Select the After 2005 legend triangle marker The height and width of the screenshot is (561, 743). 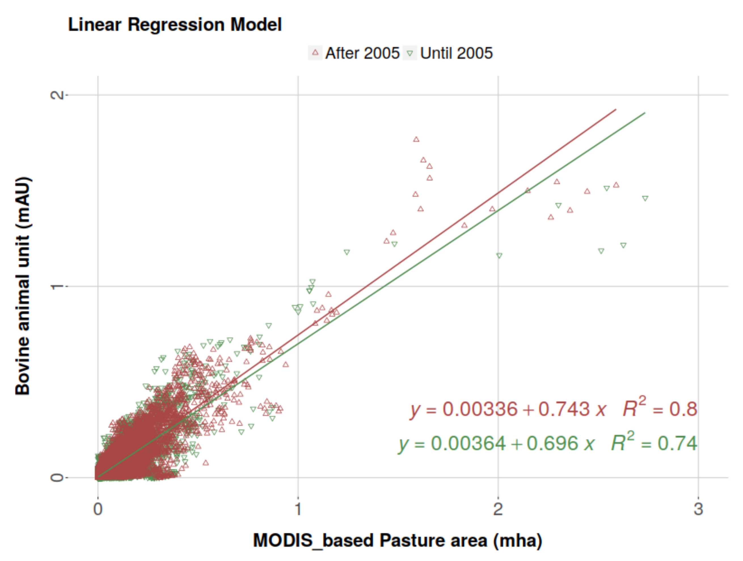pyautogui.click(x=315, y=53)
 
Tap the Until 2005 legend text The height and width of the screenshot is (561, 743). pyautogui.click(x=456, y=53)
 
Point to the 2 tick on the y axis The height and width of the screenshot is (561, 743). pyautogui.click(x=57, y=95)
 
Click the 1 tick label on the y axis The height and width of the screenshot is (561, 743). pyautogui.click(x=57, y=286)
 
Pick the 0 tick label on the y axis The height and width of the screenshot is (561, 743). pyautogui.click(x=57, y=477)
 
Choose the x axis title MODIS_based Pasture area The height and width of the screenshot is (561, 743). pyautogui.click(x=397, y=541)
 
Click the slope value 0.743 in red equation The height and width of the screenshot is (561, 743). pyautogui.click(x=564, y=409)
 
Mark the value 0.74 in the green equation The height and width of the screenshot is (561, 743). pyautogui.click(x=677, y=443)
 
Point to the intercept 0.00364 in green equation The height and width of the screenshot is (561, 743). pyautogui.click(x=468, y=443)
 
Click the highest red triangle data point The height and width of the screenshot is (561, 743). pyautogui.click(x=416, y=139)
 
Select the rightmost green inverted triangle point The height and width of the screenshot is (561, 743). pyautogui.click(x=645, y=198)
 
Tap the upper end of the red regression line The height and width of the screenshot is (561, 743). pyautogui.click(x=616, y=109)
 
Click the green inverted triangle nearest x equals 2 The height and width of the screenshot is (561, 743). pyautogui.click(x=499, y=256)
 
